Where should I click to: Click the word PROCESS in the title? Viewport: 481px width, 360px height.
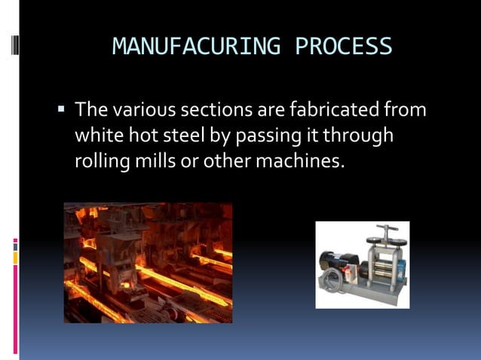coord(344,47)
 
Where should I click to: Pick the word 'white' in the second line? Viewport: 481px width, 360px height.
coord(97,136)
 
